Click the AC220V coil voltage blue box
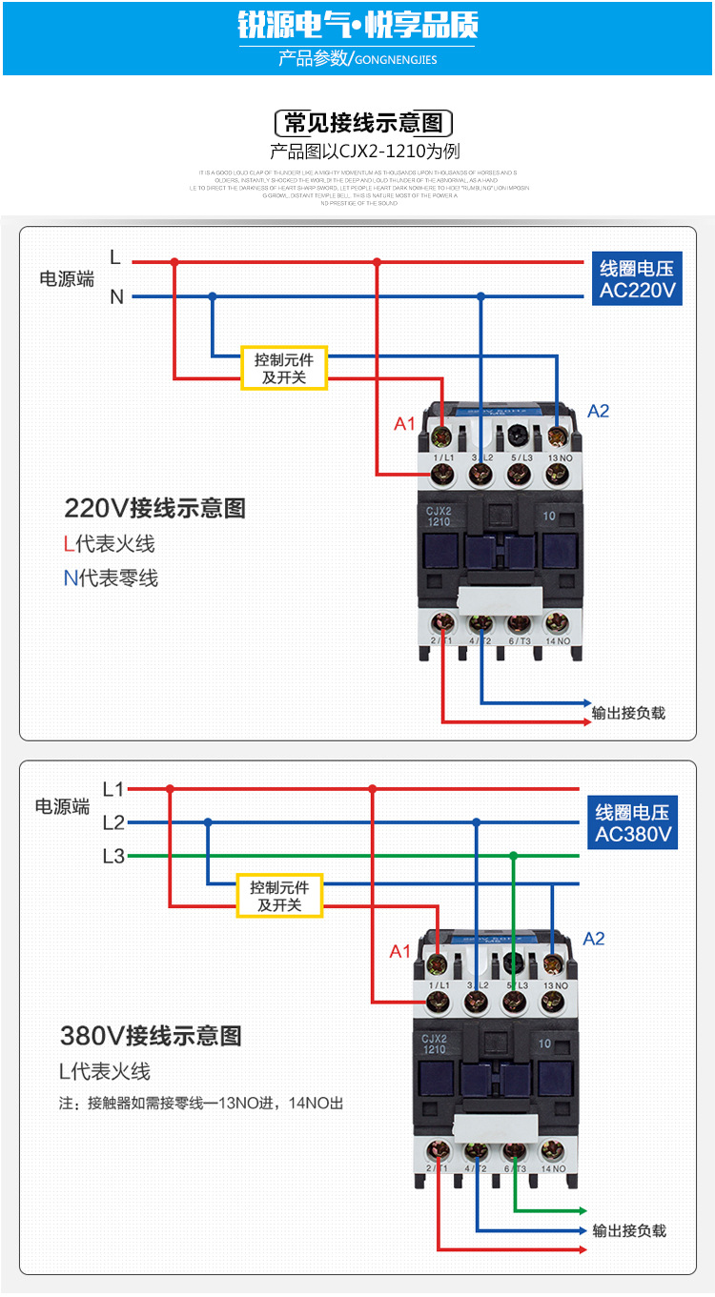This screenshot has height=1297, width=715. pos(637,279)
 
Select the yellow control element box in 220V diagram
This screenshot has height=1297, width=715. pos(283,368)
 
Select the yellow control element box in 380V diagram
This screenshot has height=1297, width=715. pos(279,896)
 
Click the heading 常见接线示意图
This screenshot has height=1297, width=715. pos(363,123)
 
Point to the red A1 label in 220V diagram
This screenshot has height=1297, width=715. pos(404,423)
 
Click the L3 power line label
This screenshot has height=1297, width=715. pos(113,856)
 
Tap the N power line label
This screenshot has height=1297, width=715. pos(116,297)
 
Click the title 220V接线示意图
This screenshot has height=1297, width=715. pos(154,508)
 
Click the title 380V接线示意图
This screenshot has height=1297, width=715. pos(151,1036)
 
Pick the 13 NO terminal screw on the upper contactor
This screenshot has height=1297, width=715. pos(558,474)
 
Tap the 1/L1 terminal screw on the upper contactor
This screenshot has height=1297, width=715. pos(442,474)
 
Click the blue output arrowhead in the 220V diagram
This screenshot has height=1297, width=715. pos(585,703)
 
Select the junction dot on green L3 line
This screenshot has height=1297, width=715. pos(513,856)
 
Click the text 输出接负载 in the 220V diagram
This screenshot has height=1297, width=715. pos(629,713)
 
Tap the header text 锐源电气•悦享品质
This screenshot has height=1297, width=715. pos(357,26)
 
